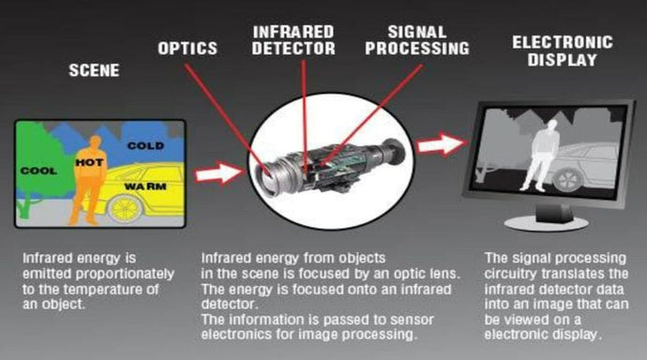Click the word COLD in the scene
[x=145, y=145]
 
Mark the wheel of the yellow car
[x=128, y=207]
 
